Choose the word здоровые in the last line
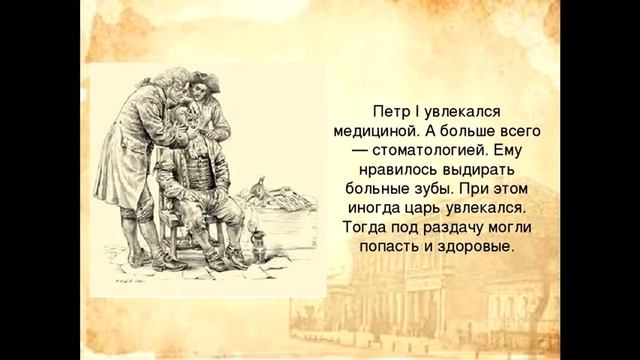click(x=478, y=247)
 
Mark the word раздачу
click(x=444, y=228)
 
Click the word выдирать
click(x=473, y=171)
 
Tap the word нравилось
click(x=392, y=171)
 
